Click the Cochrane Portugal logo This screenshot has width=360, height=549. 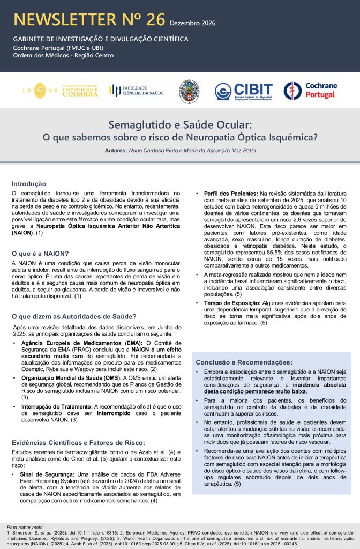pyautogui.click(x=310, y=91)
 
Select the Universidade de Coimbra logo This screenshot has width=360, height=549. pyautogui.click(x=59, y=90)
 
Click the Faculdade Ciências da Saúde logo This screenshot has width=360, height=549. pyautogui.click(x=134, y=90)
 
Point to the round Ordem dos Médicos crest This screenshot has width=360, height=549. pyautogui.click(x=189, y=91)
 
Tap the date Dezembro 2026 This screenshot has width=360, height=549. pyautogui.click(x=193, y=23)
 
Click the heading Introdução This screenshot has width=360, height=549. pyautogui.click(x=29, y=183)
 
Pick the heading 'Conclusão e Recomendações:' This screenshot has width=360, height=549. pyautogui.click(x=244, y=362)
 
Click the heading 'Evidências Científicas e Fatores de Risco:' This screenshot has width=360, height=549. pyautogui.click(x=78, y=442)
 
